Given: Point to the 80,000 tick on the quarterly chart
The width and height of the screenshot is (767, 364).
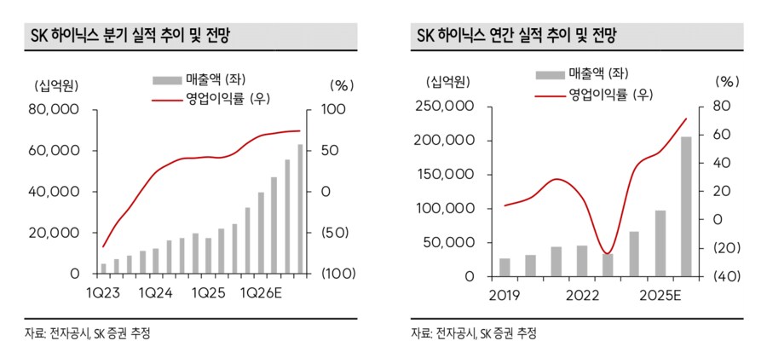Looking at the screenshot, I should pyautogui.click(x=55, y=110).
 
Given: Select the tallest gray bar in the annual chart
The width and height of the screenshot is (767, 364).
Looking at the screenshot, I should pyautogui.click(x=686, y=206).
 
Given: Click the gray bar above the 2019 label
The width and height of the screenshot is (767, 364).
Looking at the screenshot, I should pyautogui.click(x=505, y=267).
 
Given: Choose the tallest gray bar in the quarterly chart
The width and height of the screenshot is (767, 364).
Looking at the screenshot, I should pyautogui.click(x=299, y=209).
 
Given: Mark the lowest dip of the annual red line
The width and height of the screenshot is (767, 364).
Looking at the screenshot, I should pyautogui.click(x=606, y=253).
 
